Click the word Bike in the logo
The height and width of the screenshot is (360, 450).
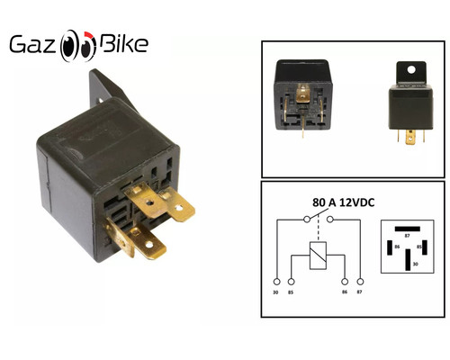(x=123, y=44)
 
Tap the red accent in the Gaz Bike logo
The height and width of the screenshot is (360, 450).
(x=89, y=35)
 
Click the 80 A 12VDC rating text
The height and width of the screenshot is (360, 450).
(x=344, y=202)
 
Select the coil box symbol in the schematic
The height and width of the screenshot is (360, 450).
(x=318, y=255)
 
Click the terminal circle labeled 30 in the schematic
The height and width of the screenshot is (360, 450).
(x=276, y=282)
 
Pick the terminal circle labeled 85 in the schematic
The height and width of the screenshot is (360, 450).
(x=291, y=282)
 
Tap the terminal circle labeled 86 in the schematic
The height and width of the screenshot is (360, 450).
(x=345, y=282)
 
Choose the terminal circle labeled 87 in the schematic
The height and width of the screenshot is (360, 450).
(x=360, y=282)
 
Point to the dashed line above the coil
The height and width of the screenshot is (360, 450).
(x=318, y=230)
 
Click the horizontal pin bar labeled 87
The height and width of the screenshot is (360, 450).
(x=407, y=229)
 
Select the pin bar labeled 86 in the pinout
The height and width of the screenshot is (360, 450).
(x=390, y=247)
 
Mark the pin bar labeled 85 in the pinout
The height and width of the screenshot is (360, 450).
(x=425, y=247)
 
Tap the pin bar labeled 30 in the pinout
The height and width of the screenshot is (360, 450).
(x=408, y=260)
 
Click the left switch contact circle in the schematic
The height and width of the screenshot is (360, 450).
(x=307, y=220)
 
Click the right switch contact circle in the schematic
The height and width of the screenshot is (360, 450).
(x=330, y=220)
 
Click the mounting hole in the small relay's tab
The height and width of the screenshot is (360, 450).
(x=411, y=70)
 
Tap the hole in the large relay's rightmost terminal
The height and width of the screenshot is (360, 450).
(x=179, y=208)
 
